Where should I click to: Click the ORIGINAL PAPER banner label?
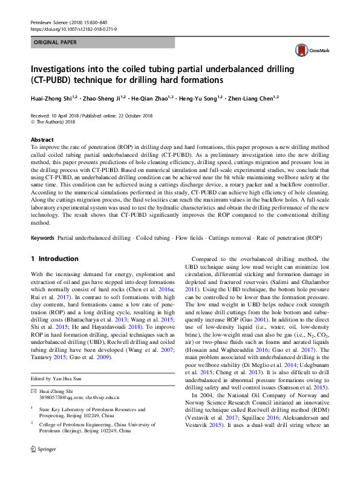tap(54, 43)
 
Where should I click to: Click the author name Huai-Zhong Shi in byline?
tap(53, 97)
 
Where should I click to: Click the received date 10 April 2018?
tap(63, 115)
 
